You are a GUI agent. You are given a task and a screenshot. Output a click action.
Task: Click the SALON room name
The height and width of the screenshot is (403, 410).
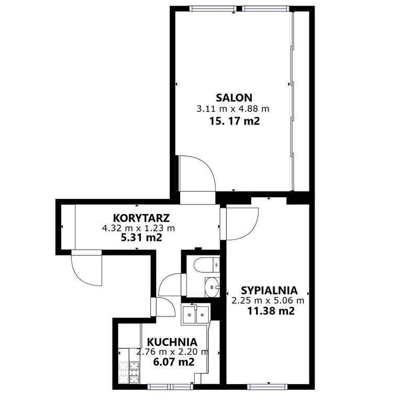[x=234, y=98]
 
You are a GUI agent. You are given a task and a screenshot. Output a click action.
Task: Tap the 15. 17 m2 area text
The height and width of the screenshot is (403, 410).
[x=234, y=121]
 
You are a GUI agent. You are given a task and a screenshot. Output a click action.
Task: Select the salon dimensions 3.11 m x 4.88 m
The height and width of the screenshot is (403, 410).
[x=232, y=109]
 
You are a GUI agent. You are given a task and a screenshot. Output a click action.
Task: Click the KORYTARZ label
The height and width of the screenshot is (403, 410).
[x=141, y=218]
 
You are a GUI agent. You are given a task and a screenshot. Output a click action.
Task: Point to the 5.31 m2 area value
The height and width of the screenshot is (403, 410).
[x=141, y=237]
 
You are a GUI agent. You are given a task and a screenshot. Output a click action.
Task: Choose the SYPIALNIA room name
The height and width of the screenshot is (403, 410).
[x=269, y=291]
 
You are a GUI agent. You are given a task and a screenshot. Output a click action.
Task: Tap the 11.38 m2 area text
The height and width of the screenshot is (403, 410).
[x=271, y=311]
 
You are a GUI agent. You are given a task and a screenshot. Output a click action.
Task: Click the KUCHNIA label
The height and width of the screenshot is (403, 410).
[x=172, y=342]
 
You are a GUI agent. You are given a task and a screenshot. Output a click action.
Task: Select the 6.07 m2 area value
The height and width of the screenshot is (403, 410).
[x=174, y=362]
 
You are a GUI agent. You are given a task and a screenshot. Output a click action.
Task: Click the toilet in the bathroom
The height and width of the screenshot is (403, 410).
[x=206, y=265]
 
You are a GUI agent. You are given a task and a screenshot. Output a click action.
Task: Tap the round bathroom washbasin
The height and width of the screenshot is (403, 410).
[x=212, y=287]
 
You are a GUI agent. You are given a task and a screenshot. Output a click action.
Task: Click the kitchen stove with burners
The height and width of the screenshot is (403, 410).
[x=129, y=372]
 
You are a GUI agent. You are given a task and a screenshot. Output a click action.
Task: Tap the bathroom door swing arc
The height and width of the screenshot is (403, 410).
[x=165, y=281]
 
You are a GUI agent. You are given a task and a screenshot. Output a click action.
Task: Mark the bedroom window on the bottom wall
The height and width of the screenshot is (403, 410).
[x=267, y=387]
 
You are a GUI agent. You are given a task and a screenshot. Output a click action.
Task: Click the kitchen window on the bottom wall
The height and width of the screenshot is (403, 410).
[x=170, y=387]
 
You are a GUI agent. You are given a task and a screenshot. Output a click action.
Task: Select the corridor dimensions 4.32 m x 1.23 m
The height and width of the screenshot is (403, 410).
[x=139, y=228]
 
